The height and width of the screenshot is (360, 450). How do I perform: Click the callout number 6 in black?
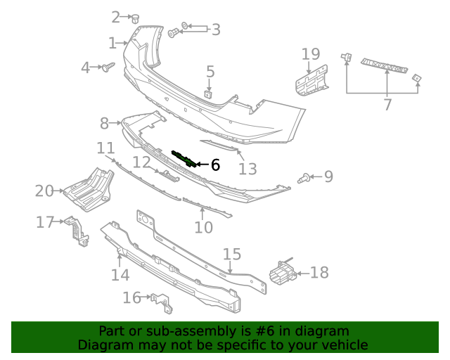coord(215,165)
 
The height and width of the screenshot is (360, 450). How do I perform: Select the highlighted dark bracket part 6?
coord(185,158)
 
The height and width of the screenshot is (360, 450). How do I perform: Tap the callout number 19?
coord(311,54)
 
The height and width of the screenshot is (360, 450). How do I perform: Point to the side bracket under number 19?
coord(310,81)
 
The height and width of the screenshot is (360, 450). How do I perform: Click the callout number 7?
coord(387,105)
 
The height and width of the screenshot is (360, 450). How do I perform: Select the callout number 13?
coord(248,169)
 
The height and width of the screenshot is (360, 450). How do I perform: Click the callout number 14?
coord(120,275)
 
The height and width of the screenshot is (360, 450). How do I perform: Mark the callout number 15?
coord(232,255)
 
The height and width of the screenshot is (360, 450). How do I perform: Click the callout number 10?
coord(203,227)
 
